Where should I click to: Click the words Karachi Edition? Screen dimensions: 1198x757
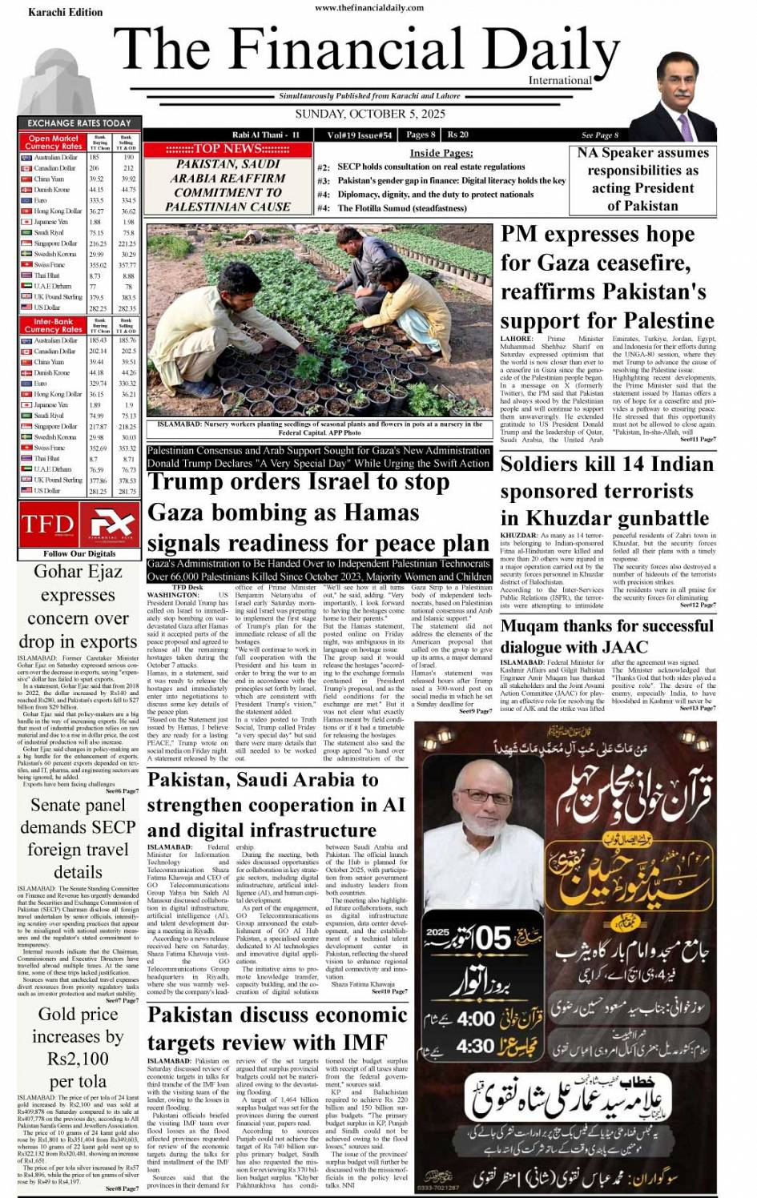65,12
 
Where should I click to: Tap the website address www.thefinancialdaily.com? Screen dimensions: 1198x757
369,7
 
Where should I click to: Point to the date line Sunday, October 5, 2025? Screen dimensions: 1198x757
369,114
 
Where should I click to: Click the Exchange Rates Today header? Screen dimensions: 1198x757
79,123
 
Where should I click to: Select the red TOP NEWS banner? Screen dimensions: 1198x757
228,149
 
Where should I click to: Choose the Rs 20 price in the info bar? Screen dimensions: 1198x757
457,135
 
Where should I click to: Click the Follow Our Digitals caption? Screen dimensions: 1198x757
79,553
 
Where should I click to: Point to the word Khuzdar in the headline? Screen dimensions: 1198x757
562,518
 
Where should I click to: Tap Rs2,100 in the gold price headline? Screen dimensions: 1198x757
78,1059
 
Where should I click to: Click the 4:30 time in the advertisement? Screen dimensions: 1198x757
474,1046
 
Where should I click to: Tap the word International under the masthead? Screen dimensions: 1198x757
560,80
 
